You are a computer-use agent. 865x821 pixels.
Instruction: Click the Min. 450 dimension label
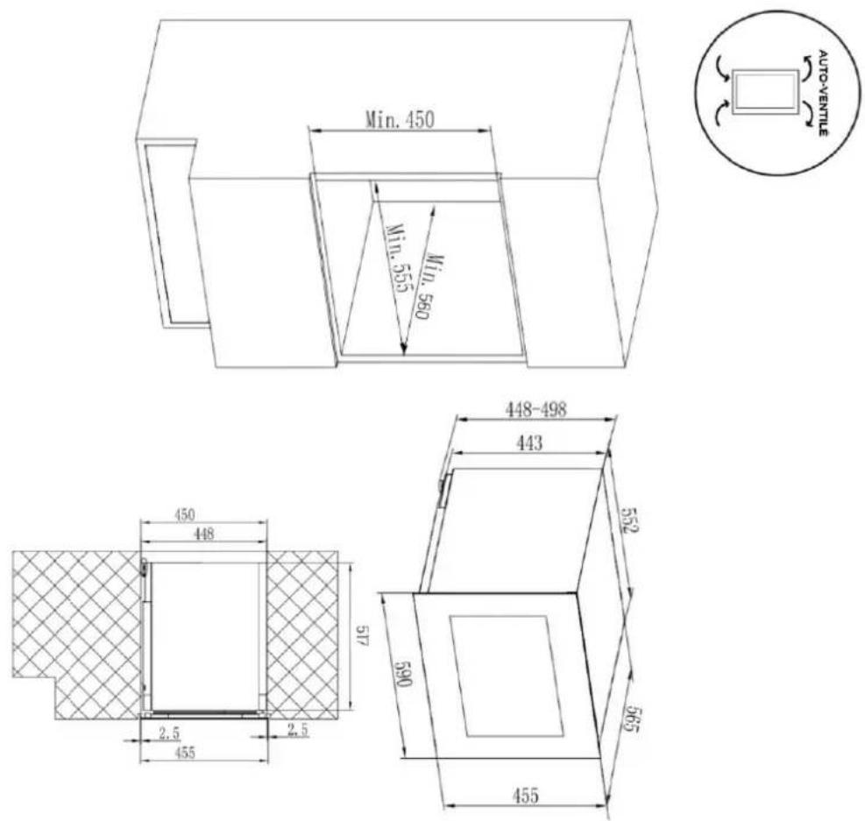[400, 119]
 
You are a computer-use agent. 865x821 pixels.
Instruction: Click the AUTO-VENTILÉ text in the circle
[822, 93]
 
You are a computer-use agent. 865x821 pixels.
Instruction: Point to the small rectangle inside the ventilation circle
[766, 92]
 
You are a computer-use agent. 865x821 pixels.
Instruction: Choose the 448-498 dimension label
[536, 409]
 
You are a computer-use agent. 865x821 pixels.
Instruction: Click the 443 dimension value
[529, 442]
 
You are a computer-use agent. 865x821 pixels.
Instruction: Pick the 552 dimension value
[629, 520]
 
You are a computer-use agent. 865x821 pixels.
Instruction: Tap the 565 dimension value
[630, 718]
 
